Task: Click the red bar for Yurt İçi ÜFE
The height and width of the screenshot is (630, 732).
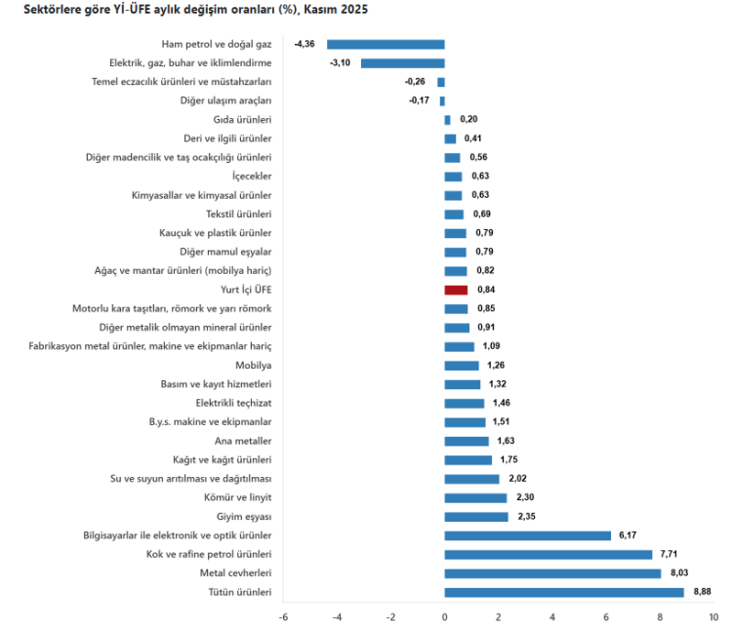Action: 456,290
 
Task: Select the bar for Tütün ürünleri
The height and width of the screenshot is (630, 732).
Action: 564,592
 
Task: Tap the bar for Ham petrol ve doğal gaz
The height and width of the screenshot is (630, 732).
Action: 386,44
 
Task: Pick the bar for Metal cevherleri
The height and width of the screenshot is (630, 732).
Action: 552,573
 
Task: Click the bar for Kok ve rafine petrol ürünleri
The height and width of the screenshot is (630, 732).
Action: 549,554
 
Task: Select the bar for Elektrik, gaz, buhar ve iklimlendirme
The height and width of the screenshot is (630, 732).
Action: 402,62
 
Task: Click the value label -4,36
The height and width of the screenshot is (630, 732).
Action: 305,44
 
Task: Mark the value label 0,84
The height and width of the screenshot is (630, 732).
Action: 486,290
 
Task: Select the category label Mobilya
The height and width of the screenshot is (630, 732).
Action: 253,365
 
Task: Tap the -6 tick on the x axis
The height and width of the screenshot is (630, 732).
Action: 283,616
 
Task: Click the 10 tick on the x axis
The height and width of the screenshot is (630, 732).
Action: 713,616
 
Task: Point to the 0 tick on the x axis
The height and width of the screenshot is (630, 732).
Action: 444,616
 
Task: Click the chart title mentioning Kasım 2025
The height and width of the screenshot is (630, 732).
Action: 189,9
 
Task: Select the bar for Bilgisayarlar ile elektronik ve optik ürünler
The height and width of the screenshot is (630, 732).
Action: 527,535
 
